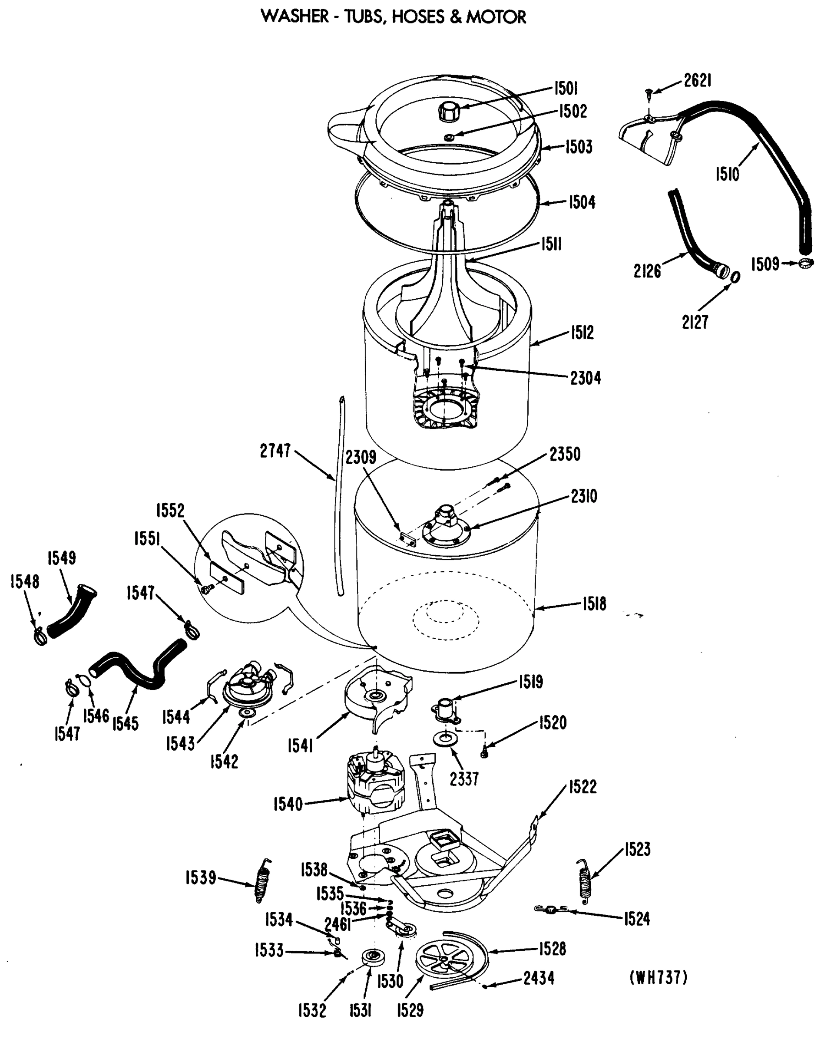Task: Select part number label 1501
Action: click(566, 89)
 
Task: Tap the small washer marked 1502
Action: click(450, 138)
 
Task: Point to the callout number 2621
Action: click(697, 81)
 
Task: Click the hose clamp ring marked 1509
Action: click(805, 264)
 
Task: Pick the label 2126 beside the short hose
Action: click(647, 271)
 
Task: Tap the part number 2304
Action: click(586, 378)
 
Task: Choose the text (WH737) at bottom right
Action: click(658, 977)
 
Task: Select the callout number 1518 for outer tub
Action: click(594, 603)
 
